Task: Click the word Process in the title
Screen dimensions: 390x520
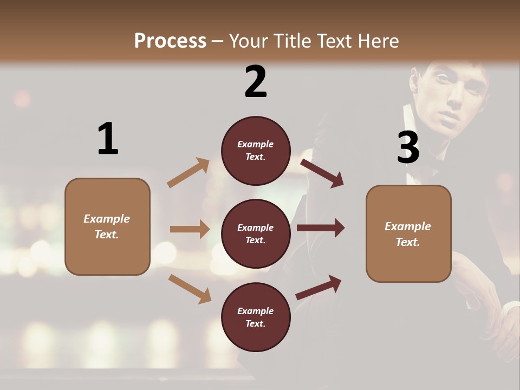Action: tap(170, 41)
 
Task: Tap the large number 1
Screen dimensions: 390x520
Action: tap(108, 139)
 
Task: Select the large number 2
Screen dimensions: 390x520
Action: tap(256, 82)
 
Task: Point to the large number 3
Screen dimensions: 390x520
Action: tap(408, 147)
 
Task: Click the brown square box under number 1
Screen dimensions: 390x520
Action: tap(107, 226)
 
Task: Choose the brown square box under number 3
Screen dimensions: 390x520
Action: tap(408, 233)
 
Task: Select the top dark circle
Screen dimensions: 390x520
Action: tap(256, 151)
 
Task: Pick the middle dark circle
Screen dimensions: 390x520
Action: tap(256, 233)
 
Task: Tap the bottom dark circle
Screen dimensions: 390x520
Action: tap(256, 317)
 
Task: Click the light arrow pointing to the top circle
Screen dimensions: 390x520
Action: tap(188, 172)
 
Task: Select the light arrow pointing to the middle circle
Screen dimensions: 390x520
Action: tap(190, 229)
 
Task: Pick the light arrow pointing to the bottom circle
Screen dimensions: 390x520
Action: tap(190, 289)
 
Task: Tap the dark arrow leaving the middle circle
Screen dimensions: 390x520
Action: tap(321, 227)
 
